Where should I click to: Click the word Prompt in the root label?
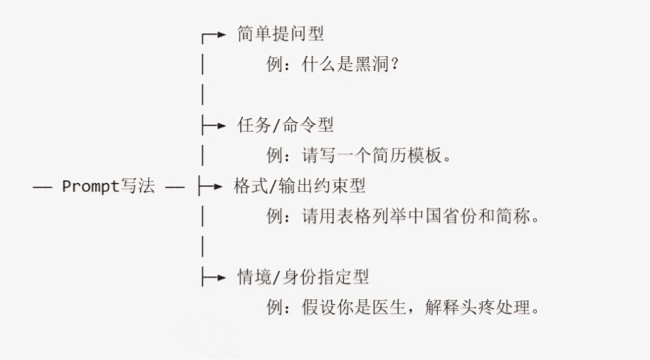click(x=90, y=187)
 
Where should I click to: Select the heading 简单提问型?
click(x=281, y=34)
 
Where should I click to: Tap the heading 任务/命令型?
click(x=285, y=125)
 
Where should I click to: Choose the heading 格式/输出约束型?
click(x=299, y=186)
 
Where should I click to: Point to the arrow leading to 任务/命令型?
click(x=219, y=126)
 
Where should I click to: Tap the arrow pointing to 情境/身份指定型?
click(x=219, y=278)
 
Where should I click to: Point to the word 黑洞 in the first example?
click(x=372, y=65)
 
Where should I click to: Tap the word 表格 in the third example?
click(x=355, y=216)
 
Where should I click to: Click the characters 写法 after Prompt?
click(x=137, y=187)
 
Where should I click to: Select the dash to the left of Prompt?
click(x=42, y=187)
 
